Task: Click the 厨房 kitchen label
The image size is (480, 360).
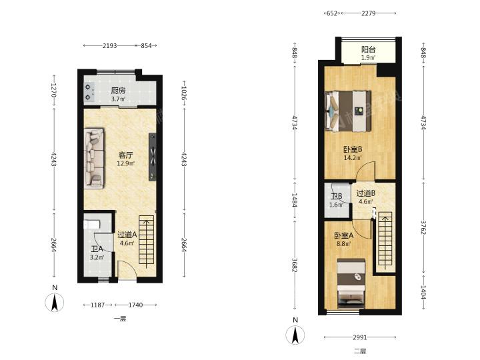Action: point(118,91)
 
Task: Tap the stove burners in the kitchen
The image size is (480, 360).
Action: point(89,93)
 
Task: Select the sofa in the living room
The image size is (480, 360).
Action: point(94,158)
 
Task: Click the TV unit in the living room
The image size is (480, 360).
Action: point(153,157)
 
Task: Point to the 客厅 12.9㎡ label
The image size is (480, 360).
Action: point(125,159)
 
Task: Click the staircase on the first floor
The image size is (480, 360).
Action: point(147,240)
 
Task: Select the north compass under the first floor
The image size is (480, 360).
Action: point(55,302)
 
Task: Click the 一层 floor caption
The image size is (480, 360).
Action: point(120,319)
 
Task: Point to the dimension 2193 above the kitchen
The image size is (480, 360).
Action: point(109,45)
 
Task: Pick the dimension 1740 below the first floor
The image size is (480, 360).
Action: point(135,305)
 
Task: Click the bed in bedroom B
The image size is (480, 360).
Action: point(349,111)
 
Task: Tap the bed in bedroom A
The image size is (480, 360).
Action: point(351,283)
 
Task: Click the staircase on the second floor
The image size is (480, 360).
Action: point(385,239)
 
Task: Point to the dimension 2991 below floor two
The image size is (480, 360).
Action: point(360,337)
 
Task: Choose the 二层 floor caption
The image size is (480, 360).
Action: point(360,351)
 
